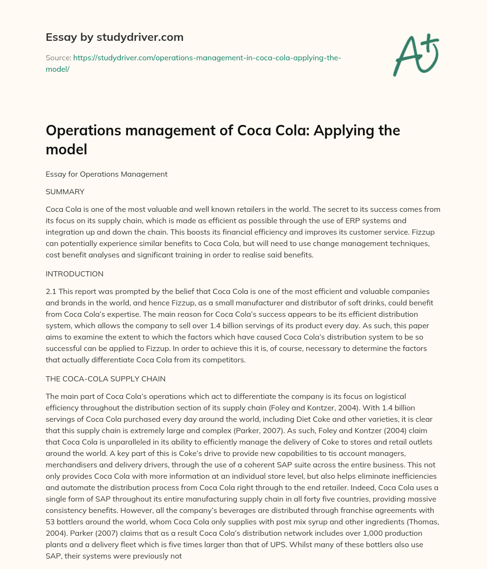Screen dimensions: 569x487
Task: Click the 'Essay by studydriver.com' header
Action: click(x=114, y=37)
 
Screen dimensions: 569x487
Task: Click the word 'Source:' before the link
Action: click(x=58, y=58)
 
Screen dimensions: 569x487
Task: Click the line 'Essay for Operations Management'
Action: click(x=107, y=174)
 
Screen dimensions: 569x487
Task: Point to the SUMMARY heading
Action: click(x=65, y=192)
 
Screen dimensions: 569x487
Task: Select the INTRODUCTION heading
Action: click(x=75, y=274)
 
